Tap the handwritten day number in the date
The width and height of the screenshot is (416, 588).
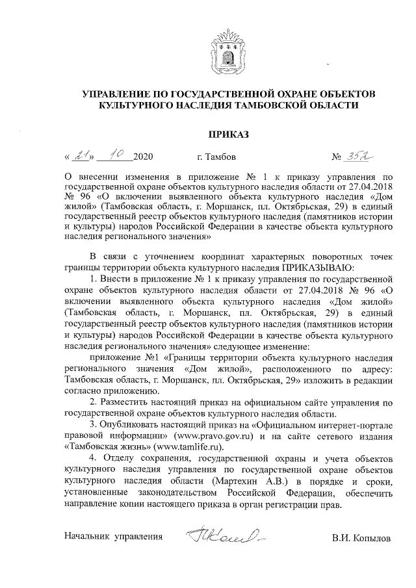[82, 156]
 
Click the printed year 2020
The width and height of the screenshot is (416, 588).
[144, 157]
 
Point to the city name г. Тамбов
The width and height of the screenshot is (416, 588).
[216, 157]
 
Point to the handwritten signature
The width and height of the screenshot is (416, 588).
[220, 537]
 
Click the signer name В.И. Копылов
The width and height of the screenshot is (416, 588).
[361, 539]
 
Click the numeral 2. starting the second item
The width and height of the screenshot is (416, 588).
[94, 403]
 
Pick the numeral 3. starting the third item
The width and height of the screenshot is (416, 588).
[94, 424]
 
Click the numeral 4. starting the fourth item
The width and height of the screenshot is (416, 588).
[94, 458]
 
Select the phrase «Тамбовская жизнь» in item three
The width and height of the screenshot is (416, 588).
[106, 446]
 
